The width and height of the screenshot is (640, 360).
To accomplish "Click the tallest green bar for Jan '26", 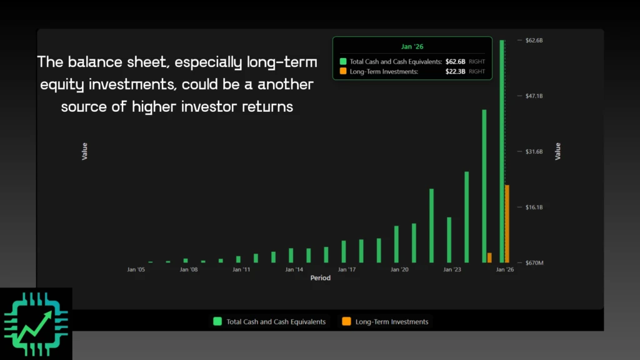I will pos(502,150).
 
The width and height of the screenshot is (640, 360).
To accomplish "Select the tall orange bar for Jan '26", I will pos(507,224).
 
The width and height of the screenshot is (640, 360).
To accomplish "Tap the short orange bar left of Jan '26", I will pos(489,257).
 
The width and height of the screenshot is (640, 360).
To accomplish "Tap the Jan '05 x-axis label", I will pos(136,270).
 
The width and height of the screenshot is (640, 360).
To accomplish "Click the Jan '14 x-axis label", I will pos(294,270).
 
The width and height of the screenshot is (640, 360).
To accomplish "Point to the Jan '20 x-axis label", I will pos(399,270).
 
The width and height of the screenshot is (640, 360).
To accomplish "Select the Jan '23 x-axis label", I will pos(452,270).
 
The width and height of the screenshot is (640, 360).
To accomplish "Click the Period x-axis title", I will pos(320,278).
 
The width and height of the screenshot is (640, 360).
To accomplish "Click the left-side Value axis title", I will pos(84,151).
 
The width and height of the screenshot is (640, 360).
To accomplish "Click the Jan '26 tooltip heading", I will pos(412,46).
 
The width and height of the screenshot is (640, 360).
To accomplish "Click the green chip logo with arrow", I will pos(36,323).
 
